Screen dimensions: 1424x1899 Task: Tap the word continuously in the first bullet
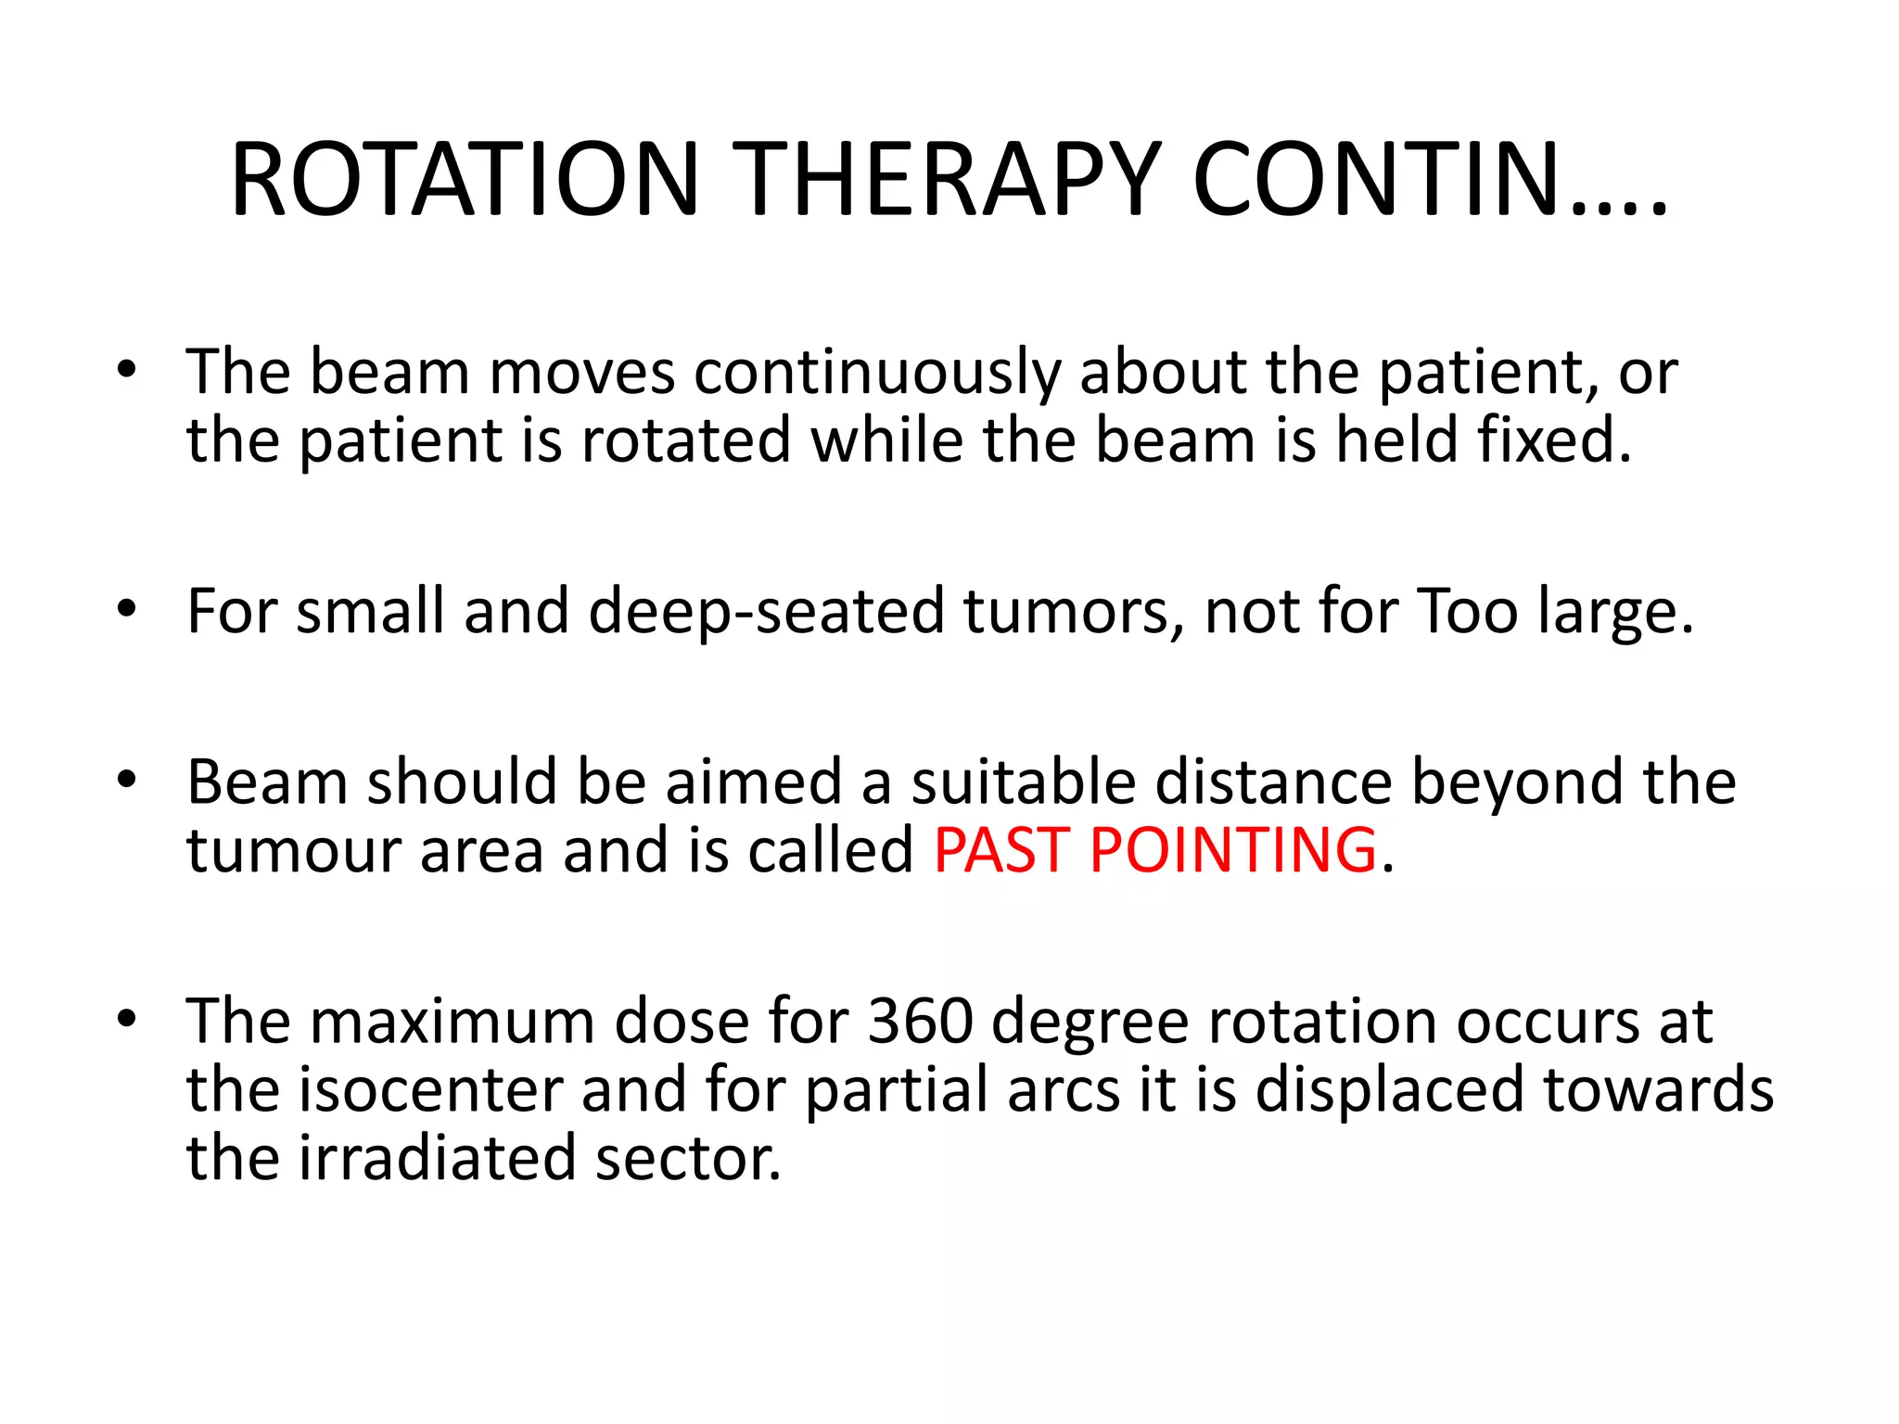(x=876, y=373)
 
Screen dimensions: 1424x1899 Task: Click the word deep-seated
(x=766, y=611)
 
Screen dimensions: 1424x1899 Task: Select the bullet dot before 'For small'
(x=127, y=609)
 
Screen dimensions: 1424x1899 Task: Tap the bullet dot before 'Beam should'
(x=127, y=780)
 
